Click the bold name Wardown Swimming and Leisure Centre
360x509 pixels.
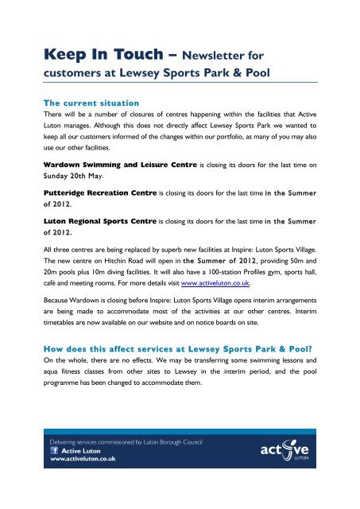(126, 167)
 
